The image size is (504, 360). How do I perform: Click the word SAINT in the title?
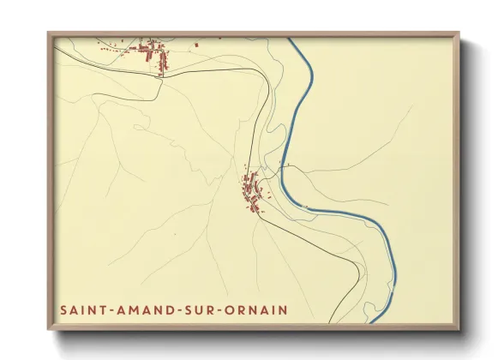point(84,309)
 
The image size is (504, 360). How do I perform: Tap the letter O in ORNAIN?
point(234,309)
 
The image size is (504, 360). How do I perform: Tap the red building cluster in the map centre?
point(252,191)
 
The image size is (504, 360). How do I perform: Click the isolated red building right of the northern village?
point(197,45)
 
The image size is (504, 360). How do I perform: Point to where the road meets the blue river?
point(283,166)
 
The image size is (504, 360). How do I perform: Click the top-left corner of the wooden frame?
point(48,33)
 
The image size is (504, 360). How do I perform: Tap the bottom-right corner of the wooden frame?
point(460,330)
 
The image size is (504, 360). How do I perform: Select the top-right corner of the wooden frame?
point(460,33)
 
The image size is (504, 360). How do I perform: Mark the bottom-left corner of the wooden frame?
point(48,330)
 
